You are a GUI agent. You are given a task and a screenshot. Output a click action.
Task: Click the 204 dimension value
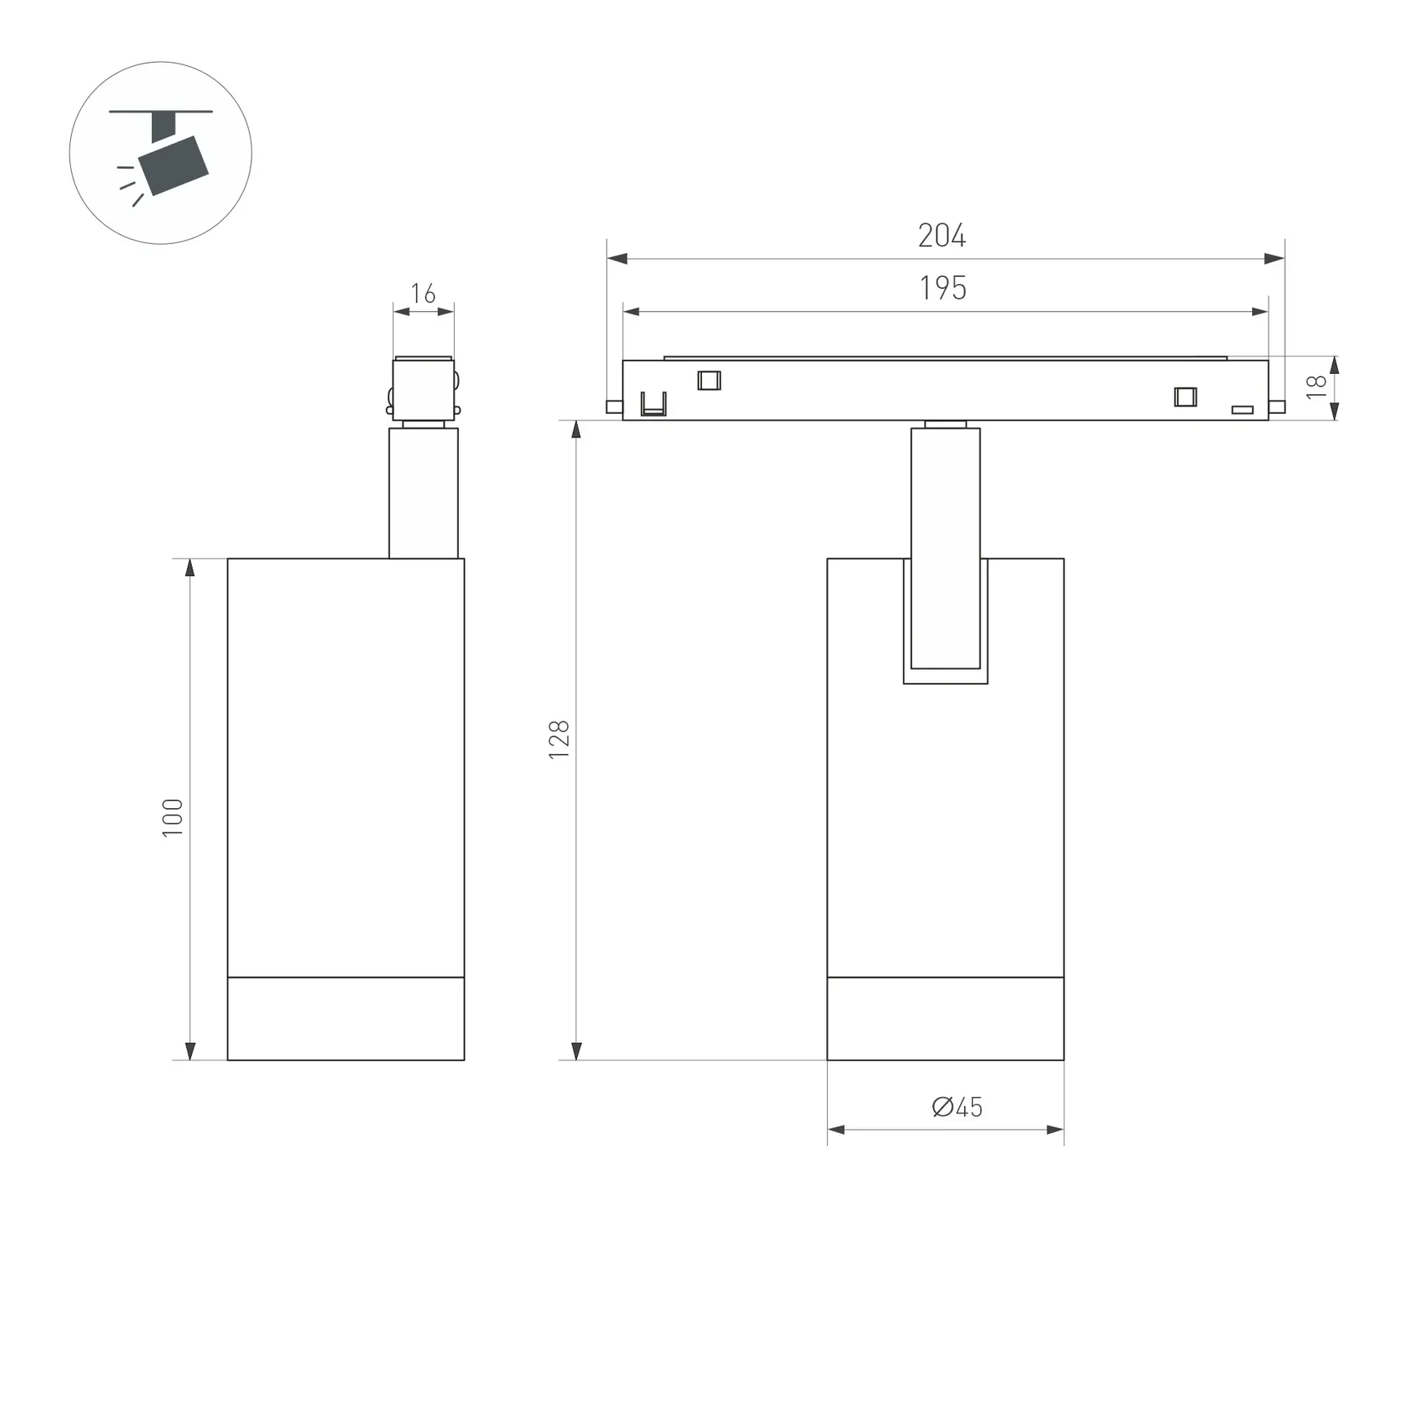[941, 236]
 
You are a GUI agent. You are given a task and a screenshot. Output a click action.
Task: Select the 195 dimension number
[943, 288]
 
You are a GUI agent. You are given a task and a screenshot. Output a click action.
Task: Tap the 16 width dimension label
[423, 293]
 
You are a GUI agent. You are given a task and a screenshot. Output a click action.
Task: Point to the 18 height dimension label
[1316, 387]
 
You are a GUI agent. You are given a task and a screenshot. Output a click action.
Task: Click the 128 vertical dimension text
[559, 740]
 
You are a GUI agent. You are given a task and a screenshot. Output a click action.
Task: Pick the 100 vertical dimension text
[172, 817]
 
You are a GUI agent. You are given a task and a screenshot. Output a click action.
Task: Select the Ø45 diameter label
[957, 1108]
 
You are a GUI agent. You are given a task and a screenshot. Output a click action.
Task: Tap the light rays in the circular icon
[129, 184]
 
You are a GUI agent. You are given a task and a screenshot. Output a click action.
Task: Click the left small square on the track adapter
[709, 380]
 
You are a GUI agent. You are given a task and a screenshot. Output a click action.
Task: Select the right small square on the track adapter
[1185, 397]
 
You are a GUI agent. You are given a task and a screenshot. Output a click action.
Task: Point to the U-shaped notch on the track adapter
[653, 405]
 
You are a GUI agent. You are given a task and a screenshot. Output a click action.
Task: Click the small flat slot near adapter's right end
[1242, 410]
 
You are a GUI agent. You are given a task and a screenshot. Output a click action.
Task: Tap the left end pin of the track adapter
[614, 407]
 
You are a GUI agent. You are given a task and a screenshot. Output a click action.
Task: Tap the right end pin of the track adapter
[1277, 407]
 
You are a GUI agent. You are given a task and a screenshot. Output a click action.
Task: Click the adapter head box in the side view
[423, 389]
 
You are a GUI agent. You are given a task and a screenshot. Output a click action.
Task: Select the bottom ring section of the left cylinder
[345, 1018]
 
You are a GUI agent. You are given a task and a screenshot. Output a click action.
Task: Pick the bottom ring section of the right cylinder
[945, 1018]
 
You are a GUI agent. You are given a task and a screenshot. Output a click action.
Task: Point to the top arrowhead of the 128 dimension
[576, 429]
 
